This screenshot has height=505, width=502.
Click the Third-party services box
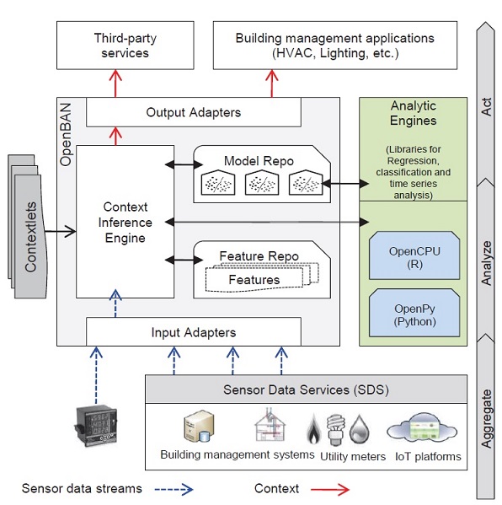coord(125,46)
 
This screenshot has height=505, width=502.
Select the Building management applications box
coord(335,46)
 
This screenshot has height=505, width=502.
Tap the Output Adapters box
coord(194,112)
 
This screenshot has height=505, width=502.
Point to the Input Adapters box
coord(194,331)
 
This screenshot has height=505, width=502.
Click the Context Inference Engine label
coord(125,223)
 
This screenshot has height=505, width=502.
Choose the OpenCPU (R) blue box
coord(414,255)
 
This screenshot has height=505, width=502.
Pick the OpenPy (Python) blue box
coord(414,313)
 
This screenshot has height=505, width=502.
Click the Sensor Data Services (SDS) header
coord(306,389)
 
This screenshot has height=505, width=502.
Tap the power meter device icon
coord(96,426)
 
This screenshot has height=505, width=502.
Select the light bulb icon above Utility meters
coord(335,430)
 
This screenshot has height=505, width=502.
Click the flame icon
coord(313,429)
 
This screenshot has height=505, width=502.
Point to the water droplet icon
coord(360,430)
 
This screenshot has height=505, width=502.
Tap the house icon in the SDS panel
coord(270,425)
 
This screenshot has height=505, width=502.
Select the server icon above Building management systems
coord(199,426)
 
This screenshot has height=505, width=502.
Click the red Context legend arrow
coord(330,490)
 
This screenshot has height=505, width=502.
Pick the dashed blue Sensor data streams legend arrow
coord(174,490)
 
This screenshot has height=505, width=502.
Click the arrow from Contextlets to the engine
coord(60,231)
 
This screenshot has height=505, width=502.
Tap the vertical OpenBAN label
coord(66,134)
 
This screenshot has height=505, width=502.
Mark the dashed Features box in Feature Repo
coord(254,280)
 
